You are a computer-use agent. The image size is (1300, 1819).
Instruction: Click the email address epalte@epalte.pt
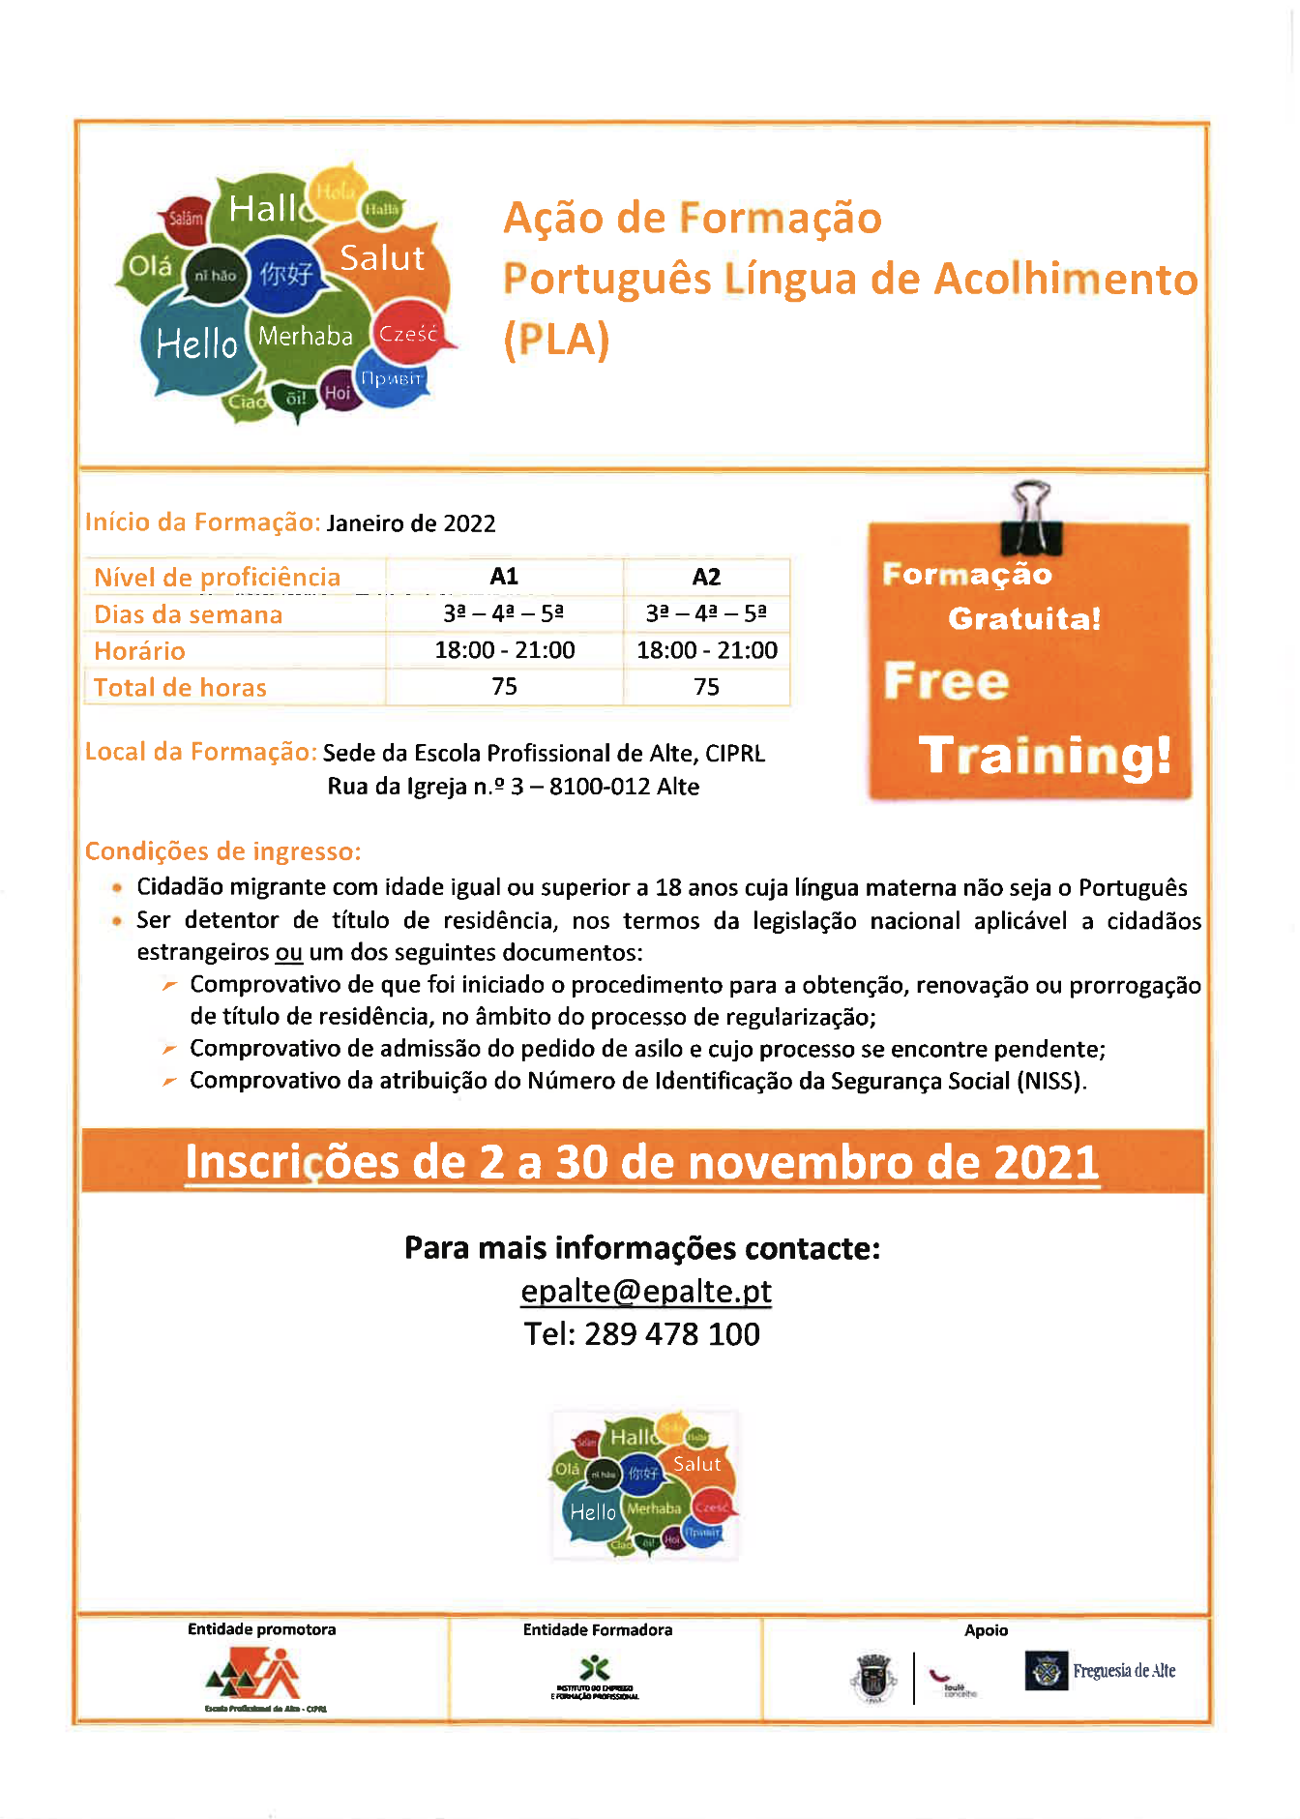[645, 1292]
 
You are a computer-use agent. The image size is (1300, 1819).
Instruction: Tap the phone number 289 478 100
[672, 1334]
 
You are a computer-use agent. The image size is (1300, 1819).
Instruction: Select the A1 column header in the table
[504, 577]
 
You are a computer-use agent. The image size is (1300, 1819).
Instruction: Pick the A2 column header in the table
[706, 578]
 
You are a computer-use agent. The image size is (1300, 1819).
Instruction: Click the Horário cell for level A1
[504, 650]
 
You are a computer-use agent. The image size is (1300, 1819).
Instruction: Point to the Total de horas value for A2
[706, 687]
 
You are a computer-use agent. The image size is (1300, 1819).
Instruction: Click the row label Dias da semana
[189, 614]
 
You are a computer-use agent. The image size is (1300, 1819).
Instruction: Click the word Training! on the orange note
[1045, 756]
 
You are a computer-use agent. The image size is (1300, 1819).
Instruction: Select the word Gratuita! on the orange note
[1024, 618]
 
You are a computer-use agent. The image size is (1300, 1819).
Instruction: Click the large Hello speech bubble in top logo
[196, 343]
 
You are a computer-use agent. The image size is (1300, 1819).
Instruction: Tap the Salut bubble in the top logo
[383, 258]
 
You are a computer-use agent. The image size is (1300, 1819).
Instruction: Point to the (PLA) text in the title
[556, 340]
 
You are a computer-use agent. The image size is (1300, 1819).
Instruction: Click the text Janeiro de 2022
[411, 523]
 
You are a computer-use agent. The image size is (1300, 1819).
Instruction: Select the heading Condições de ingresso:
[222, 851]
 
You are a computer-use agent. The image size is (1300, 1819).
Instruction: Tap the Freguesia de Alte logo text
[1124, 1671]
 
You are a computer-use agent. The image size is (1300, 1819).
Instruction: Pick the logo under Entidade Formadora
[595, 1677]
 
